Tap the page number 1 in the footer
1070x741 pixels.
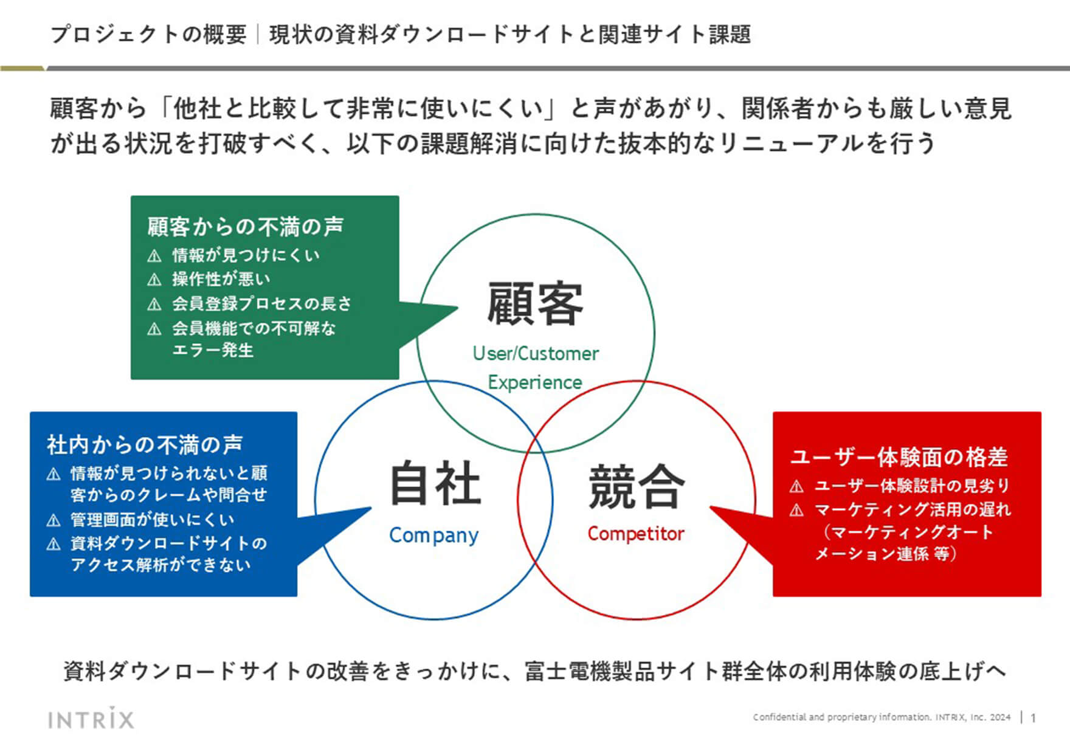(x=1033, y=718)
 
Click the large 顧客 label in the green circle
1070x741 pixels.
(x=535, y=303)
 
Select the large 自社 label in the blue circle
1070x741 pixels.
(x=435, y=483)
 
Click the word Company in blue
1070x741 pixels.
(x=434, y=535)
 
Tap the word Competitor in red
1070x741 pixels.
(x=635, y=534)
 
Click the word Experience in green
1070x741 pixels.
(x=535, y=382)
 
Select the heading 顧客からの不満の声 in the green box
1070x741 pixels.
(x=245, y=227)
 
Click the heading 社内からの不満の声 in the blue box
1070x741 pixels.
(x=145, y=444)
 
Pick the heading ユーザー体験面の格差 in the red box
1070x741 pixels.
(x=899, y=457)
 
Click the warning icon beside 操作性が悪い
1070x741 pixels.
(x=154, y=280)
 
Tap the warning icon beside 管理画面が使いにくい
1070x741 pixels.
(x=53, y=520)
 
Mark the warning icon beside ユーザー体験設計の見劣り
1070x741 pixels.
(x=796, y=486)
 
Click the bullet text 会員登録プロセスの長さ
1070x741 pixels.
(x=261, y=303)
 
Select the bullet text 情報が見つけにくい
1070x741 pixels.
(x=246, y=255)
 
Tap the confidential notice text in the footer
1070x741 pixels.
(x=882, y=717)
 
